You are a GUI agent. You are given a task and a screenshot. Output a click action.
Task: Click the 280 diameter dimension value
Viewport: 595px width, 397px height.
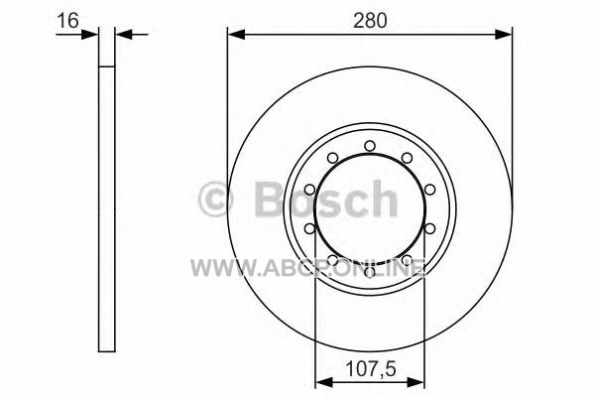[x=370, y=20]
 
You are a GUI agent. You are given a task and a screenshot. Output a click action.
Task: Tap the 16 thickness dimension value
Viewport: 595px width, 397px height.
[x=67, y=20]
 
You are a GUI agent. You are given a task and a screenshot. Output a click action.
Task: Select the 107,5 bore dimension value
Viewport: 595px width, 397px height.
[x=370, y=368]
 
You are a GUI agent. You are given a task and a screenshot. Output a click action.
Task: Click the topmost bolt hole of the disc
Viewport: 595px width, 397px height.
[x=370, y=146]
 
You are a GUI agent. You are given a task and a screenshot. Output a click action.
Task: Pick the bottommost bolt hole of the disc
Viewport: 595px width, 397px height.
[x=370, y=272]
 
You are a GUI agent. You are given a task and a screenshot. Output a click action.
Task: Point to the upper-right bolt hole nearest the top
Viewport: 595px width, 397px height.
[x=407, y=158]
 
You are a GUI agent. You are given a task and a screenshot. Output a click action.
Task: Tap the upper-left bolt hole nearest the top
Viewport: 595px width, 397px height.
[x=333, y=158]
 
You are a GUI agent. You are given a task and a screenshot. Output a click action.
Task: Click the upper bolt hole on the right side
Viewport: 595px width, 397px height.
[x=429, y=190]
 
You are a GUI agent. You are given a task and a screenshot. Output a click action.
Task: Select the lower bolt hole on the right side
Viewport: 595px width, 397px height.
[x=429, y=228]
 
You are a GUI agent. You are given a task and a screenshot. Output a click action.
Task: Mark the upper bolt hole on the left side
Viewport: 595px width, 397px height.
[x=310, y=190]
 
